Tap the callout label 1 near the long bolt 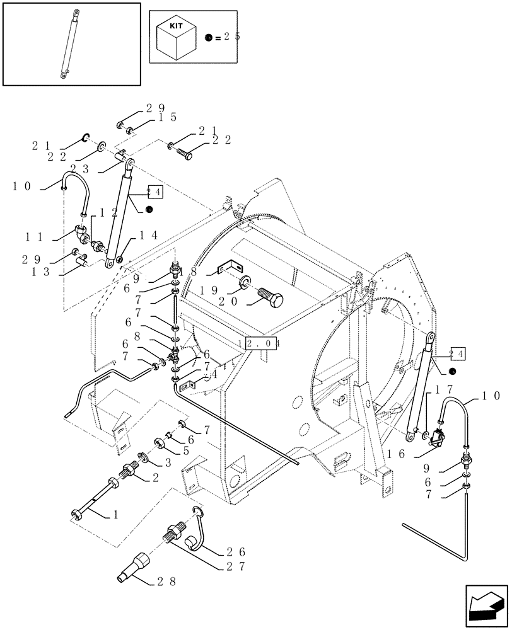(115, 515)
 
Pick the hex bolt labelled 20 (271, 297)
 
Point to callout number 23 (79, 169)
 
